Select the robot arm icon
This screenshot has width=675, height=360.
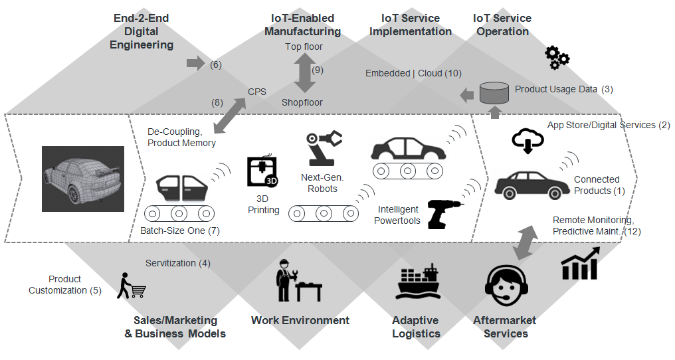[324, 147]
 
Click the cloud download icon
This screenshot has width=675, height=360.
[528, 140]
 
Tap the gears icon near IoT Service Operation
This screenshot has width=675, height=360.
[557, 58]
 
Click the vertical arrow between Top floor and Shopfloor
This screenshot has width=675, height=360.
[304, 73]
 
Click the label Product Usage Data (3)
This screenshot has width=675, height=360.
[556, 89]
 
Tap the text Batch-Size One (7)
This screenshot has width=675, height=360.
[179, 231]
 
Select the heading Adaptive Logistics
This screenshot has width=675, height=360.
[416, 327]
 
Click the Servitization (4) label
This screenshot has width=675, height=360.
[177, 263]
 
